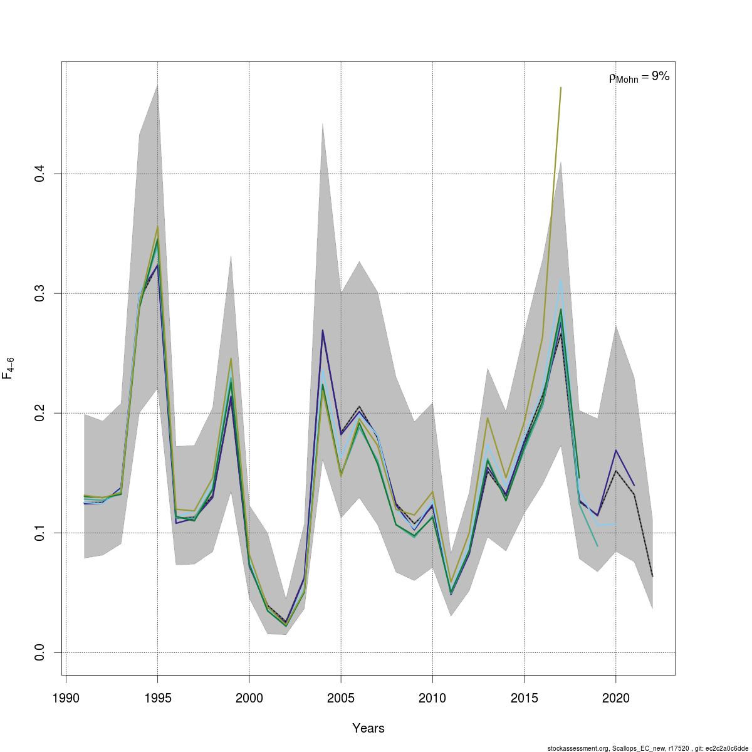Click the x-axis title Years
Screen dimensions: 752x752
pyautogui.click(x=368, y=728)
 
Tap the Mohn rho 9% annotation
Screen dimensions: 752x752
pyautogui.click(x=639, y=77)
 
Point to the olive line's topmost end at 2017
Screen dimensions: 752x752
pyautogui.click(x=561, y=88)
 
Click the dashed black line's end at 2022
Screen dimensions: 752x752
pyautogui.click(x=652, y=577)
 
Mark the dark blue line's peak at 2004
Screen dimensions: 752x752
pyautogui.click(x=323, y=330)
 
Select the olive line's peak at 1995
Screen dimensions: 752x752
pyautogui.click(x=157, y=226)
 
